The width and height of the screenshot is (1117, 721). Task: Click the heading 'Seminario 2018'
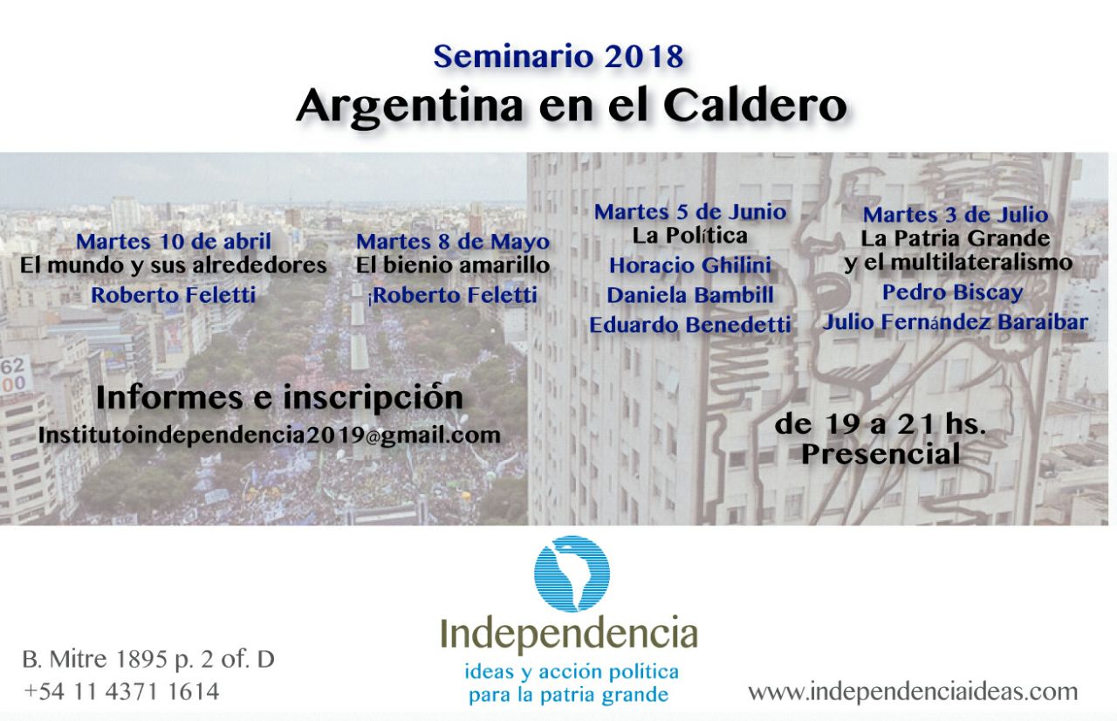pos(558,57)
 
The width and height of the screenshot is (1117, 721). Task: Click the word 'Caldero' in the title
pos(755,106)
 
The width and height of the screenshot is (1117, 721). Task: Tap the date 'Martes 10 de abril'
pos(174,241)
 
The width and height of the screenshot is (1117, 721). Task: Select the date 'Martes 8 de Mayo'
pos(453,241)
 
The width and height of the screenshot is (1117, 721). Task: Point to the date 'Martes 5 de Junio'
pos(690,212)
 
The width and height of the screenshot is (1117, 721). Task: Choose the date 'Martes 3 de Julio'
pos(956,215)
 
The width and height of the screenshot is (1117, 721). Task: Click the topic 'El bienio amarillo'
pos(453,265)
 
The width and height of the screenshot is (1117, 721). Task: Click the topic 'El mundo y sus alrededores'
pos(174,265)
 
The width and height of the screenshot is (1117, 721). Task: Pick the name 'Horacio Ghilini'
pos(690,265)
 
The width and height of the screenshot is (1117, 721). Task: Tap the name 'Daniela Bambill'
pos(690,295)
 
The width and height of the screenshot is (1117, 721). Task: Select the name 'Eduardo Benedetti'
pos(690,325)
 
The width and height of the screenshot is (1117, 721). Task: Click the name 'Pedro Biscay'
pos(953,292)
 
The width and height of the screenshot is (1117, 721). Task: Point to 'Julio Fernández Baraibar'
pos(955,322)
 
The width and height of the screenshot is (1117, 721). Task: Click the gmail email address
pos(270,436)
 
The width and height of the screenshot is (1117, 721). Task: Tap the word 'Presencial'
pos(881,454)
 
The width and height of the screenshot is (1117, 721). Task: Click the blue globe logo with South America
pos(572,573)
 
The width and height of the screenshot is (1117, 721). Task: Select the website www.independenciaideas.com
pos(913,692)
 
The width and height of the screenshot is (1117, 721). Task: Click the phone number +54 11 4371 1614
pos(121,692)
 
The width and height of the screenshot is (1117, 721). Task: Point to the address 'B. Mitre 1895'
pos(93,659)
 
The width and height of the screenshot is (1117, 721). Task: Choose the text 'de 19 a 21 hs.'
pos(881,424)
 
